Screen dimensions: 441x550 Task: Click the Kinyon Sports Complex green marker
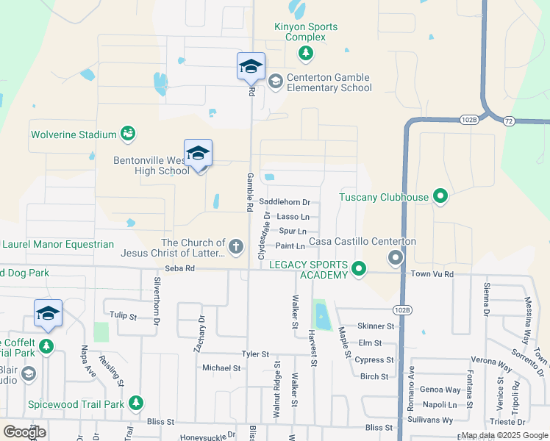pyautogui.click(x=306, y=53)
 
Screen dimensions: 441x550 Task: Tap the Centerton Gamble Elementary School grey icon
pyautogui.click(x=276, y=81)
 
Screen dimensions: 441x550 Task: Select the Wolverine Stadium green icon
pyautogui.click(x=129, y=134)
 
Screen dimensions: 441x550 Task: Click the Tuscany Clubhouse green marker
pyautogui.click(x=440, y=196)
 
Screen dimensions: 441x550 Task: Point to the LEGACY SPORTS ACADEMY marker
pyautogui.click(x=359, y=269)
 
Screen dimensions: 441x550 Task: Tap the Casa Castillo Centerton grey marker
pyautogui.click(x=396, y=257)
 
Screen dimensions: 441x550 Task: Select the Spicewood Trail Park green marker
pyautogui.click(x=135, y=403)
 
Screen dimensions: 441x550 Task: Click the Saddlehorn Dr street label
pyautogui.click(x=285, y=202)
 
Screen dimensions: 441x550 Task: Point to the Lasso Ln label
pyautogui.click(x=291, y=217)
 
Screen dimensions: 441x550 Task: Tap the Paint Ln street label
pyautogui.click(x=290, y=246)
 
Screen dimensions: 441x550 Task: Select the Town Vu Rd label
pyautogui.click(x=433, y=273)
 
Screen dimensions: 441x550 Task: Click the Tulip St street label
pyautogui.click(x=124, y=316)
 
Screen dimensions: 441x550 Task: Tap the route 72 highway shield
pyautogui.click(x=508, y=120)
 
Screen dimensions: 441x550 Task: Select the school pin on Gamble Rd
pyautogui.click(x=250, y=68)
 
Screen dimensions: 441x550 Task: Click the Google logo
pyautogui.click(x=25, y=433)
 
